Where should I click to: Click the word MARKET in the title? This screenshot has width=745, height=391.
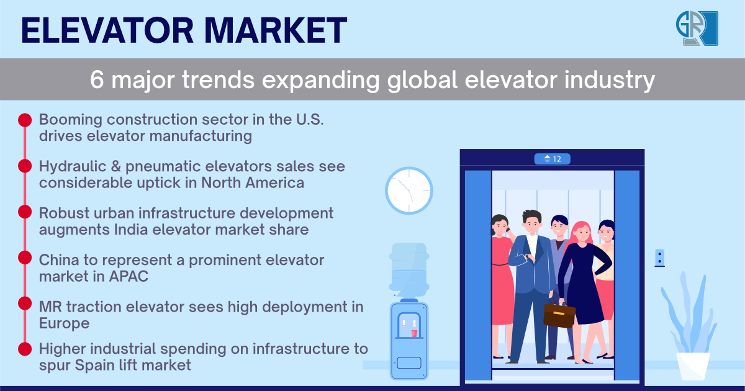(x=274, y=30)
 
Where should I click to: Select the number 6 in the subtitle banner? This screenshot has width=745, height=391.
(x=97, y=79)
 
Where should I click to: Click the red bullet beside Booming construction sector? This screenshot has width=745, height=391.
(x=25, y=119)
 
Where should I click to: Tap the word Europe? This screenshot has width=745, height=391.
(x=64, y=323)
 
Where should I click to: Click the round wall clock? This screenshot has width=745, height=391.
(x=409, y=190)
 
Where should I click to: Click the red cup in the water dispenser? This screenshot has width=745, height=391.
(x=414, y=333)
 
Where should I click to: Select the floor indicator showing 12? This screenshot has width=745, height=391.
(x=552, y=159)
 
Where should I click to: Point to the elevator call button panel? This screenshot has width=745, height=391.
(x=660, y=258)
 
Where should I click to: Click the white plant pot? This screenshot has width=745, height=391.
(x=693, y=366)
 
